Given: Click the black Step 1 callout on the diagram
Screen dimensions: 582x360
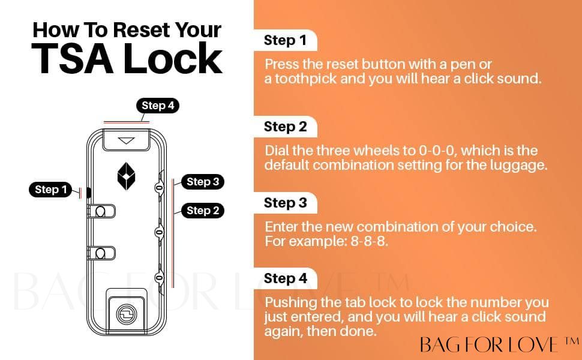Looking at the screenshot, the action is [50, 190].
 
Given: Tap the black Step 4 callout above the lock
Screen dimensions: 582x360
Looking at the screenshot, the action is [158, 106].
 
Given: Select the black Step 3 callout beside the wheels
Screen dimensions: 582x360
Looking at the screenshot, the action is [203, 182].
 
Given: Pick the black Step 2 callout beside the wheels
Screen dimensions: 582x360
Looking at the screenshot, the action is [203, 211].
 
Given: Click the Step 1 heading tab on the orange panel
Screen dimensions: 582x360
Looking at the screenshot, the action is [285, 40].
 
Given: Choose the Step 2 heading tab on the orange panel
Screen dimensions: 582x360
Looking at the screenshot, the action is [285, 127].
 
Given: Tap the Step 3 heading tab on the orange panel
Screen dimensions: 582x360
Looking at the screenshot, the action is [285, 203].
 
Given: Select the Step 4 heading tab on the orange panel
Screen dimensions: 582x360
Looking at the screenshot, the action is [285, 278].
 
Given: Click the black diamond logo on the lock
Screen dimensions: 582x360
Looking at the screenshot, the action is [126, 176].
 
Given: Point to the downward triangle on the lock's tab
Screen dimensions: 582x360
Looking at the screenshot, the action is [126, 140].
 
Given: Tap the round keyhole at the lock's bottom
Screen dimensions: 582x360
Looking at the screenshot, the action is [127, 314].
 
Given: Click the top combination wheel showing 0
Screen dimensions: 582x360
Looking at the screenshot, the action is [159, 188].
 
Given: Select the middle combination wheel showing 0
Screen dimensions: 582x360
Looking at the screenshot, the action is [159, 232].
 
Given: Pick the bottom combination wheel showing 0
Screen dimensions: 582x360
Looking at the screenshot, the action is [159, 278].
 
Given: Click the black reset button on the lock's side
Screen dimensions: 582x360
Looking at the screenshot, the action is [89, 193].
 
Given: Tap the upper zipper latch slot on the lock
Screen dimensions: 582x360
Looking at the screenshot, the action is [101, 212].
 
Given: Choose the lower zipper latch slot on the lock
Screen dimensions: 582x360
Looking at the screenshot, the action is [101, 253].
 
